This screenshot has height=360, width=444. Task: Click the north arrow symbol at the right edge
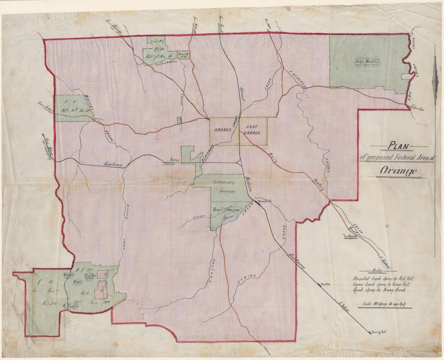[x=435, y=76]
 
